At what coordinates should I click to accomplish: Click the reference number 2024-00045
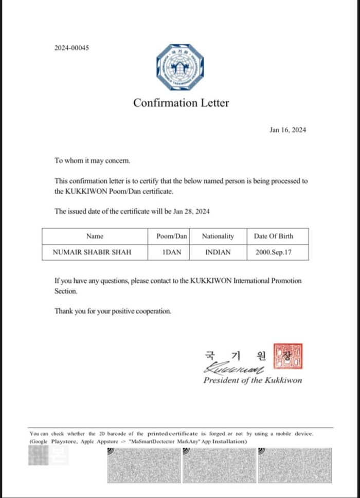(71, 48)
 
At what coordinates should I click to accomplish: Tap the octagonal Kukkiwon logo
(180, 67)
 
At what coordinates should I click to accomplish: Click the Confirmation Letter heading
(181, 103)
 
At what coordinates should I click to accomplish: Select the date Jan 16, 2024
(287, 130)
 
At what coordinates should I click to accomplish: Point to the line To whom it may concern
(93, 160)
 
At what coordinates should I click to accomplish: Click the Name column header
(95, 236)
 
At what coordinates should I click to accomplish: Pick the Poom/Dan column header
(172, 236)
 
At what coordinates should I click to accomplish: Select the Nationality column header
(218, 236)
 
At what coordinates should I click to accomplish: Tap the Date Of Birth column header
(274, 236)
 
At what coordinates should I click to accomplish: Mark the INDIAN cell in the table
(218, 252)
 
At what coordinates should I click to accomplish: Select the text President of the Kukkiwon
(253, 381)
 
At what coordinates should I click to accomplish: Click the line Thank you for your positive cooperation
(113, 311)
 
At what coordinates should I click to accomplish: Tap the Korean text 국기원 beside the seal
(235, 355)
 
